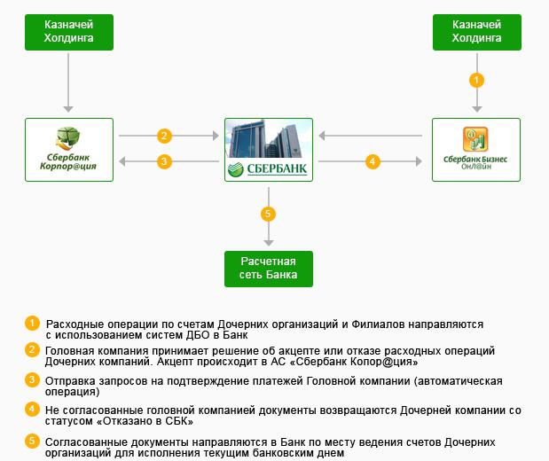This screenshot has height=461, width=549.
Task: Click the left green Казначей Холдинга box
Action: [68, 32]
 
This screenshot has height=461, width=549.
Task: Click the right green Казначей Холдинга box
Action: [477, 32]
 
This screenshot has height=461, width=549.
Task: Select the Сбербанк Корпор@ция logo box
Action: [68, 150]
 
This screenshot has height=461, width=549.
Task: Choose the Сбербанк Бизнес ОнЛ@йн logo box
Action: [477, 150]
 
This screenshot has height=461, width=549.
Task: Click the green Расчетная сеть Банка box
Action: [268, 269]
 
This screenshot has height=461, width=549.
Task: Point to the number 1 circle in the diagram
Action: [477, 80]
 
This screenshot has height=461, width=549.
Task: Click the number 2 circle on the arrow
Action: [163, 136]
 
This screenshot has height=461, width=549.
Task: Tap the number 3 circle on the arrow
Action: [163, 161]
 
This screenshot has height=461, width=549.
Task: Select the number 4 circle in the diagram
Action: [373, 161]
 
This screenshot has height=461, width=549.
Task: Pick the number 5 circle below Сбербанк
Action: [268, 214]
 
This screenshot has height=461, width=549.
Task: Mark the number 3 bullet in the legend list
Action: [32, 380]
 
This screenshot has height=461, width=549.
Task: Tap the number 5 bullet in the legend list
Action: [32, 441]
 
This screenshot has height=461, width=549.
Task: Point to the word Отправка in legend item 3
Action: [70, 381]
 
